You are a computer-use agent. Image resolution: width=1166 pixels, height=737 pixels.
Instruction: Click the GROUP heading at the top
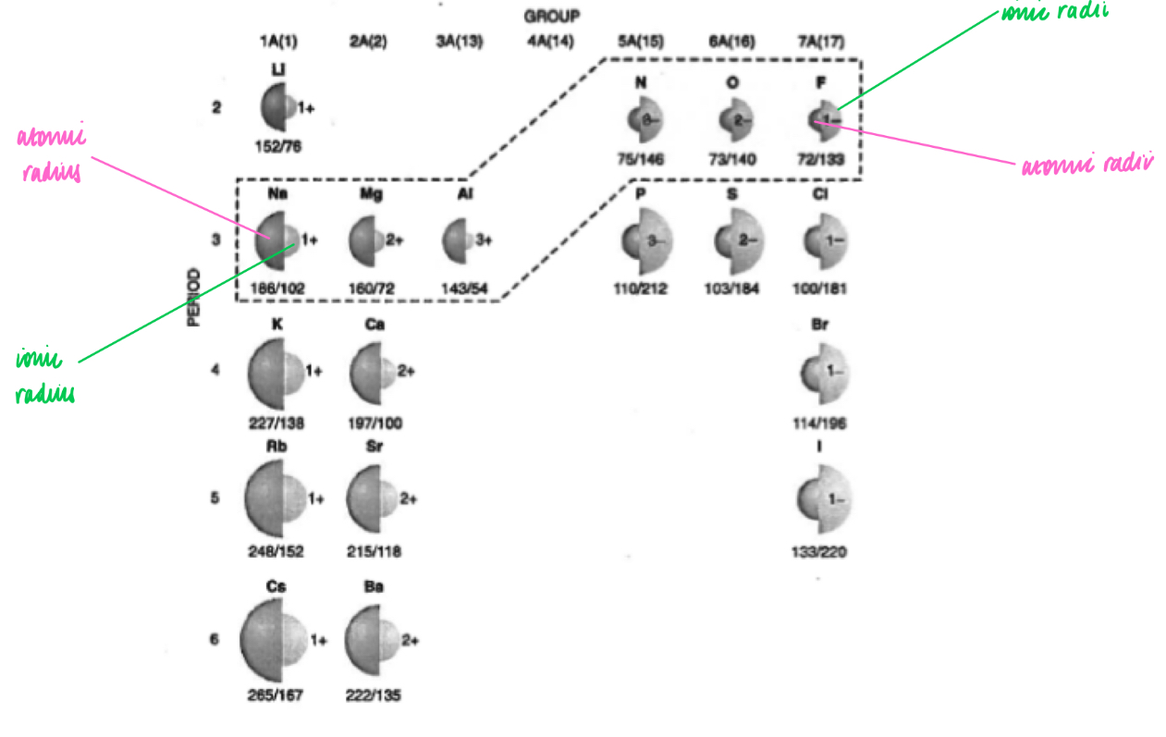551,16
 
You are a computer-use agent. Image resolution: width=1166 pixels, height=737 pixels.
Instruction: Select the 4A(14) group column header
550,42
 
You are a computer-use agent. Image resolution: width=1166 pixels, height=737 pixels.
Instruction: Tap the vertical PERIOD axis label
194,298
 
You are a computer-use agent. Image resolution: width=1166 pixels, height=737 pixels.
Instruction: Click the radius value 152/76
279,145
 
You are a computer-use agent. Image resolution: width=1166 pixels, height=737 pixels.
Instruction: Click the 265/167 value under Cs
276,695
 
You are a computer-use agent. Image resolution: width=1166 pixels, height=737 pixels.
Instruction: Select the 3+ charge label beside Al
483,240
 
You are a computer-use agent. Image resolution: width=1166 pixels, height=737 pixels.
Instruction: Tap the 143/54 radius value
465,289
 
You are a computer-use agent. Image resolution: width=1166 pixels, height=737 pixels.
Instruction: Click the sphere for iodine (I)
822,500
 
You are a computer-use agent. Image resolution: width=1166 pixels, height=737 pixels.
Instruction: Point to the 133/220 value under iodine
821,553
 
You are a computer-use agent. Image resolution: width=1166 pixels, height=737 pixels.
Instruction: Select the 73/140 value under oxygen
732,159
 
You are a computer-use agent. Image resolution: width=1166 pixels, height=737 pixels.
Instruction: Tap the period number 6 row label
215,639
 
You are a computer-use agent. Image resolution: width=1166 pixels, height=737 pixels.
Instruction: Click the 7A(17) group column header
821,42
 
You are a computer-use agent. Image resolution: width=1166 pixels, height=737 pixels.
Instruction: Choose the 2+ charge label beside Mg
395,240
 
